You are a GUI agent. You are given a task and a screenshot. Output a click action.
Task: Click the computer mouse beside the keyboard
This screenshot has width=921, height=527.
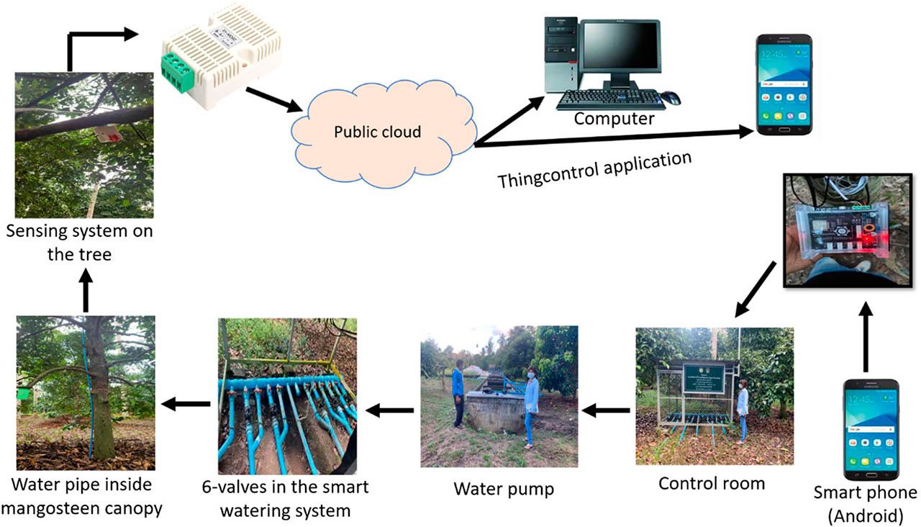pos(670,98)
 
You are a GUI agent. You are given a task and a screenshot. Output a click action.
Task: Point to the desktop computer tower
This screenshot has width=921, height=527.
pos(561,55)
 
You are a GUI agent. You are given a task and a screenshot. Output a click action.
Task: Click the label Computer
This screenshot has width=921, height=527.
pos(614,119)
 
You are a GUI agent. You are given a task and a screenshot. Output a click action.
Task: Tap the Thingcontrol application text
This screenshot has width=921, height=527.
pos(594,169)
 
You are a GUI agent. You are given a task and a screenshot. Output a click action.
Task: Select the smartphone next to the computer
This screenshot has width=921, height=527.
pos(784,85)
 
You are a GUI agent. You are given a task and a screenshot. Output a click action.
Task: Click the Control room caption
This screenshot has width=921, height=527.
pos(711,483)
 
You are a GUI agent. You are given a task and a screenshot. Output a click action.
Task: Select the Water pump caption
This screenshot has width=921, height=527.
pos(504,490)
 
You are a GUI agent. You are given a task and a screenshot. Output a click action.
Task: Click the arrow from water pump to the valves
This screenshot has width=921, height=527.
pos(390,410)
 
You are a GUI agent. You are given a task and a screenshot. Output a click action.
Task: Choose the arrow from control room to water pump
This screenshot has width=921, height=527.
pos(605,411)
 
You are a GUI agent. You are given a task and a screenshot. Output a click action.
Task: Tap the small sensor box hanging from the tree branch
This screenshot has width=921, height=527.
pos(107,133)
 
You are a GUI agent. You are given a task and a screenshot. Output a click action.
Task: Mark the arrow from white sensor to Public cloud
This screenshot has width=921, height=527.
pos(273,99)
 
